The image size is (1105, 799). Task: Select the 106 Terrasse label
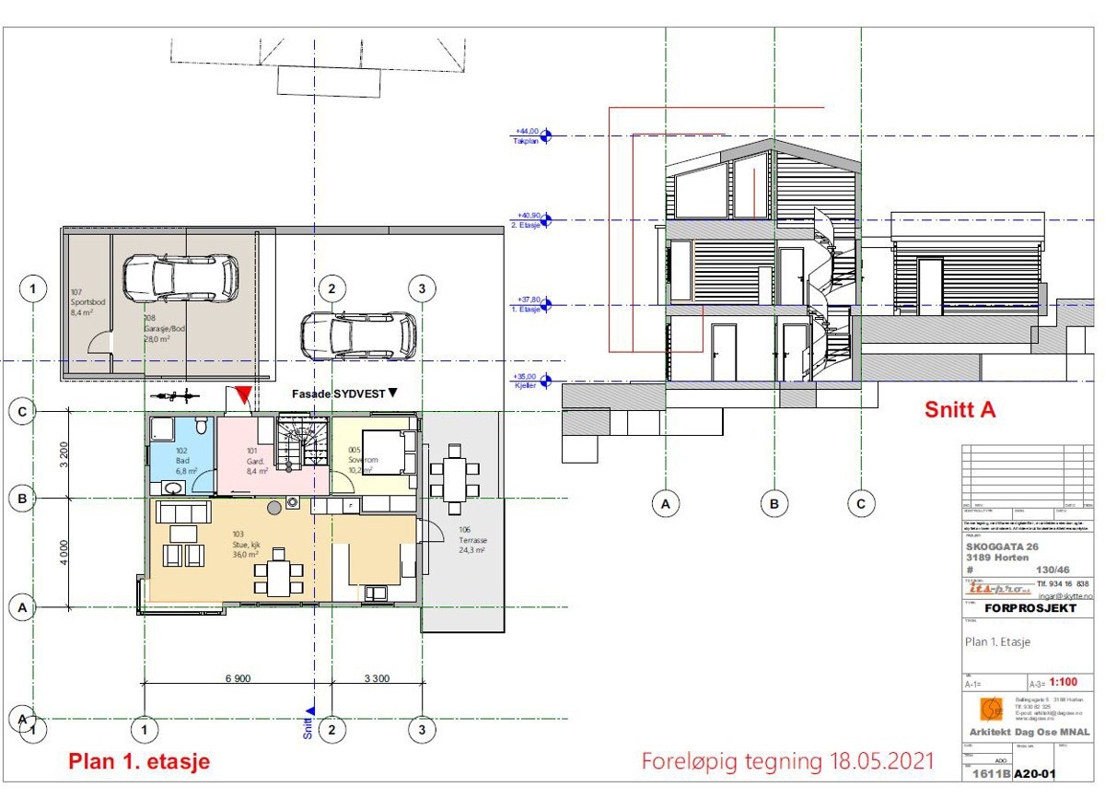471,539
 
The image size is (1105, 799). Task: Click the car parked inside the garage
181,277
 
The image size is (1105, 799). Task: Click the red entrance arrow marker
242,396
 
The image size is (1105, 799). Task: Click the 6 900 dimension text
236,678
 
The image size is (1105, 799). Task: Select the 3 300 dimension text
377,678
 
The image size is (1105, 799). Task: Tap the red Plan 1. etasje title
139,761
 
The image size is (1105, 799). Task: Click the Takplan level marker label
526,136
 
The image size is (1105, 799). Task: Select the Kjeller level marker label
526,381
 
